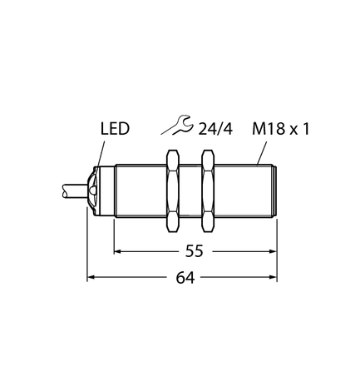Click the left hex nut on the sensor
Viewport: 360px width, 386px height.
click(174, 191)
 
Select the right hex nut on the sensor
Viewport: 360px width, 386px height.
click(210, 191)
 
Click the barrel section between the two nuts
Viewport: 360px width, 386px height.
click(192, 191)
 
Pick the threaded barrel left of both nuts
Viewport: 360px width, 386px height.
click(140, 191)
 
